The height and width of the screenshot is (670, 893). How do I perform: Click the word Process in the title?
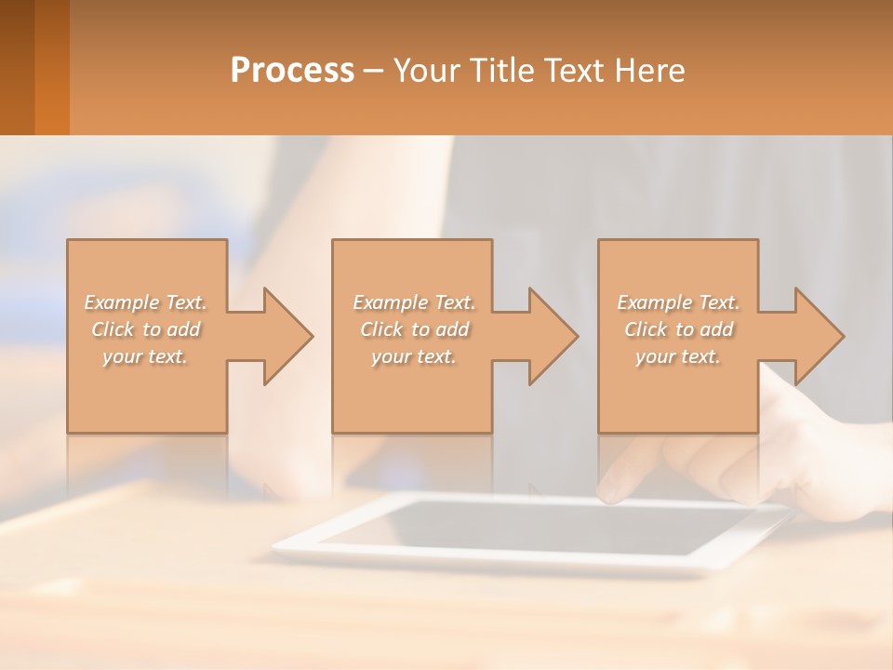click(292, 71)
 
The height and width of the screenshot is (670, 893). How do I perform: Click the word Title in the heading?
click(501, 71)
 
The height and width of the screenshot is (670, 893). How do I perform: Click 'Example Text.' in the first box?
click(145, 302)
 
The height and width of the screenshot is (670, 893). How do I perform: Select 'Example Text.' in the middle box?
click(413, 302)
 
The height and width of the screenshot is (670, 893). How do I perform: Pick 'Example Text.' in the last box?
click(678, 302)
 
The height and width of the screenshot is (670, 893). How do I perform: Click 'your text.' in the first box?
click(145, 356)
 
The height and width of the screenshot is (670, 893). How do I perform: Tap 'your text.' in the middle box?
click(413, 356)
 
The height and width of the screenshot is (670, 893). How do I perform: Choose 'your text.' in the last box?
click(678, 356)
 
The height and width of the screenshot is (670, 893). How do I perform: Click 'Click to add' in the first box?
click(145, 329)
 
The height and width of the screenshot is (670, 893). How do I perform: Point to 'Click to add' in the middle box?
click(413, 329)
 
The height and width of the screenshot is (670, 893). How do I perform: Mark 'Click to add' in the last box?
click(678, 329)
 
